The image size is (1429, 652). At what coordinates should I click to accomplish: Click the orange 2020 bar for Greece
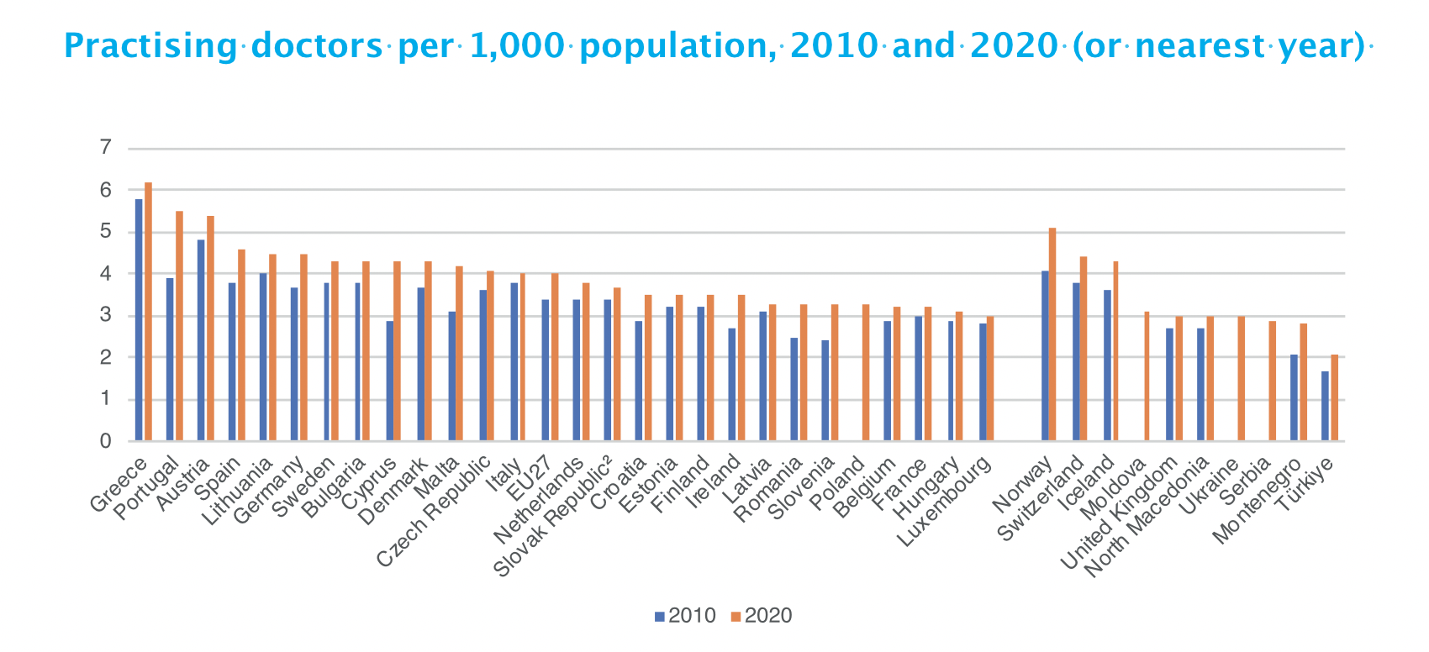tap(149, 312)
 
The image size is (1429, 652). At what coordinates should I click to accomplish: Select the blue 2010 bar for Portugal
tap(170, 360)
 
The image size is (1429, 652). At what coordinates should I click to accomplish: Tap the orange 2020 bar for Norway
tap(1052, 334)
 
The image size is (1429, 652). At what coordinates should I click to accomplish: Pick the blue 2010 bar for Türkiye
tap(1326, 407)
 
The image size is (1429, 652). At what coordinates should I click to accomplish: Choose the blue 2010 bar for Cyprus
tap(390, 381)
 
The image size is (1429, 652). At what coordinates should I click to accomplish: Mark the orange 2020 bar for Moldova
tap(1147, 376)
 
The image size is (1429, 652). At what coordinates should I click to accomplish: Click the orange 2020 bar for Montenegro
tap(1303, 382)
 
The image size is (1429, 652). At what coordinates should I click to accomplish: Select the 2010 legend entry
tap(685, 616)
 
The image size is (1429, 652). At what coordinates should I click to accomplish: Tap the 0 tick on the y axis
tap(105, 441)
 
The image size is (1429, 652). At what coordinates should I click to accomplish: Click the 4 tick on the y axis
tap(105, 274)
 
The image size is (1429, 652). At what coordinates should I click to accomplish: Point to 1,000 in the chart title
tap(519, 45)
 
